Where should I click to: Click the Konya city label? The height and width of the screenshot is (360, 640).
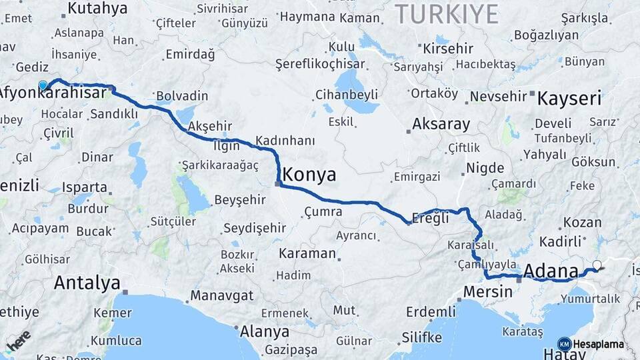(309, 175)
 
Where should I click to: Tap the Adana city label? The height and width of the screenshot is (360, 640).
(551, 271)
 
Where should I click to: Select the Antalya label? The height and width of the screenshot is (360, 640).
(87, 283)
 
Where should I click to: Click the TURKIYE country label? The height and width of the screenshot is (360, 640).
(447, 14)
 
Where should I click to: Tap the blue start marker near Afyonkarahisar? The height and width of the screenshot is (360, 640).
(43, 85)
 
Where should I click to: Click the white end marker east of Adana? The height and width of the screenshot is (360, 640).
(597, 265)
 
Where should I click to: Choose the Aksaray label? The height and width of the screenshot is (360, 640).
(441, 124)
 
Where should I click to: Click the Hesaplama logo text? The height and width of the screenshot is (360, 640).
(598, 344)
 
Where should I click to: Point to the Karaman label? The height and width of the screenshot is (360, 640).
(307, 253)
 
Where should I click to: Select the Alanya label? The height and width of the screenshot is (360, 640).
(265, 331)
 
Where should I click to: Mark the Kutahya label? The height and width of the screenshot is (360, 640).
(97, 9)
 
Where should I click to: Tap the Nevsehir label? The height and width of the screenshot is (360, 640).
(498, 97)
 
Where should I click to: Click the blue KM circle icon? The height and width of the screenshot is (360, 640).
(564, 344)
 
